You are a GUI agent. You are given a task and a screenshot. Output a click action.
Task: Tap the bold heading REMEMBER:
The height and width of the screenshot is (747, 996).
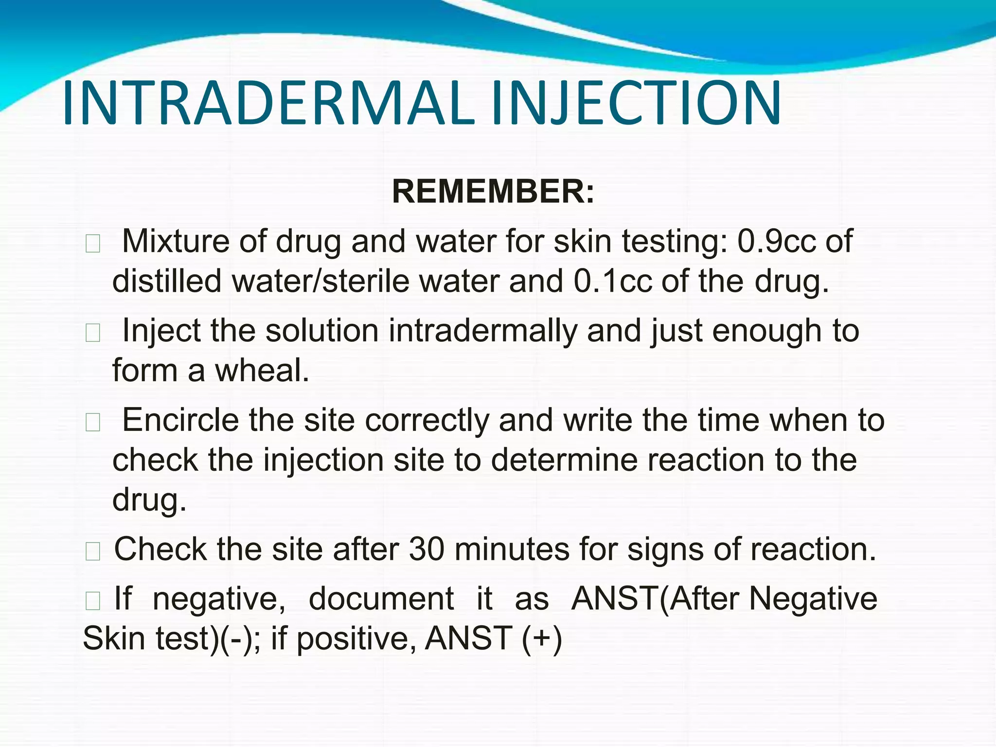(493, 192)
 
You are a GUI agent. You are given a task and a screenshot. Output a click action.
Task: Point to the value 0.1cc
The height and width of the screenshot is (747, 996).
(613, 281)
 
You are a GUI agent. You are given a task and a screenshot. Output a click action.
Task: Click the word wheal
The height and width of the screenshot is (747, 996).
(262, 371)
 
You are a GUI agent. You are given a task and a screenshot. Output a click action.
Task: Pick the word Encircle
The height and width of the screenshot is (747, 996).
(180, 420)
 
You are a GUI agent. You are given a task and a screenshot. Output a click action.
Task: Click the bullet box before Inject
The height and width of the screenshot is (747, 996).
(92, 333)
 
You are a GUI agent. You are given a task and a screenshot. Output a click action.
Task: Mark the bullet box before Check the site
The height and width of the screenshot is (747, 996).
(92, 551)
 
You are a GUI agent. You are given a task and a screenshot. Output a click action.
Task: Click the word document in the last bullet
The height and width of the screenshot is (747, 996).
(381, 599)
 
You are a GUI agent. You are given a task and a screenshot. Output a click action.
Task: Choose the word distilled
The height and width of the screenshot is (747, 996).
(167, 281)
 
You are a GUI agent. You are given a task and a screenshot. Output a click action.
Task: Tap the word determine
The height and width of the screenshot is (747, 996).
(564, 460)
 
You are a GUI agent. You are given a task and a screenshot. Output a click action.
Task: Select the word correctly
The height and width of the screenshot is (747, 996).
(427, 421)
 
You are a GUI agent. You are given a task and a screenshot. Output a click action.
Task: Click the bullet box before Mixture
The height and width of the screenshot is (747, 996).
(92, 244)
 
